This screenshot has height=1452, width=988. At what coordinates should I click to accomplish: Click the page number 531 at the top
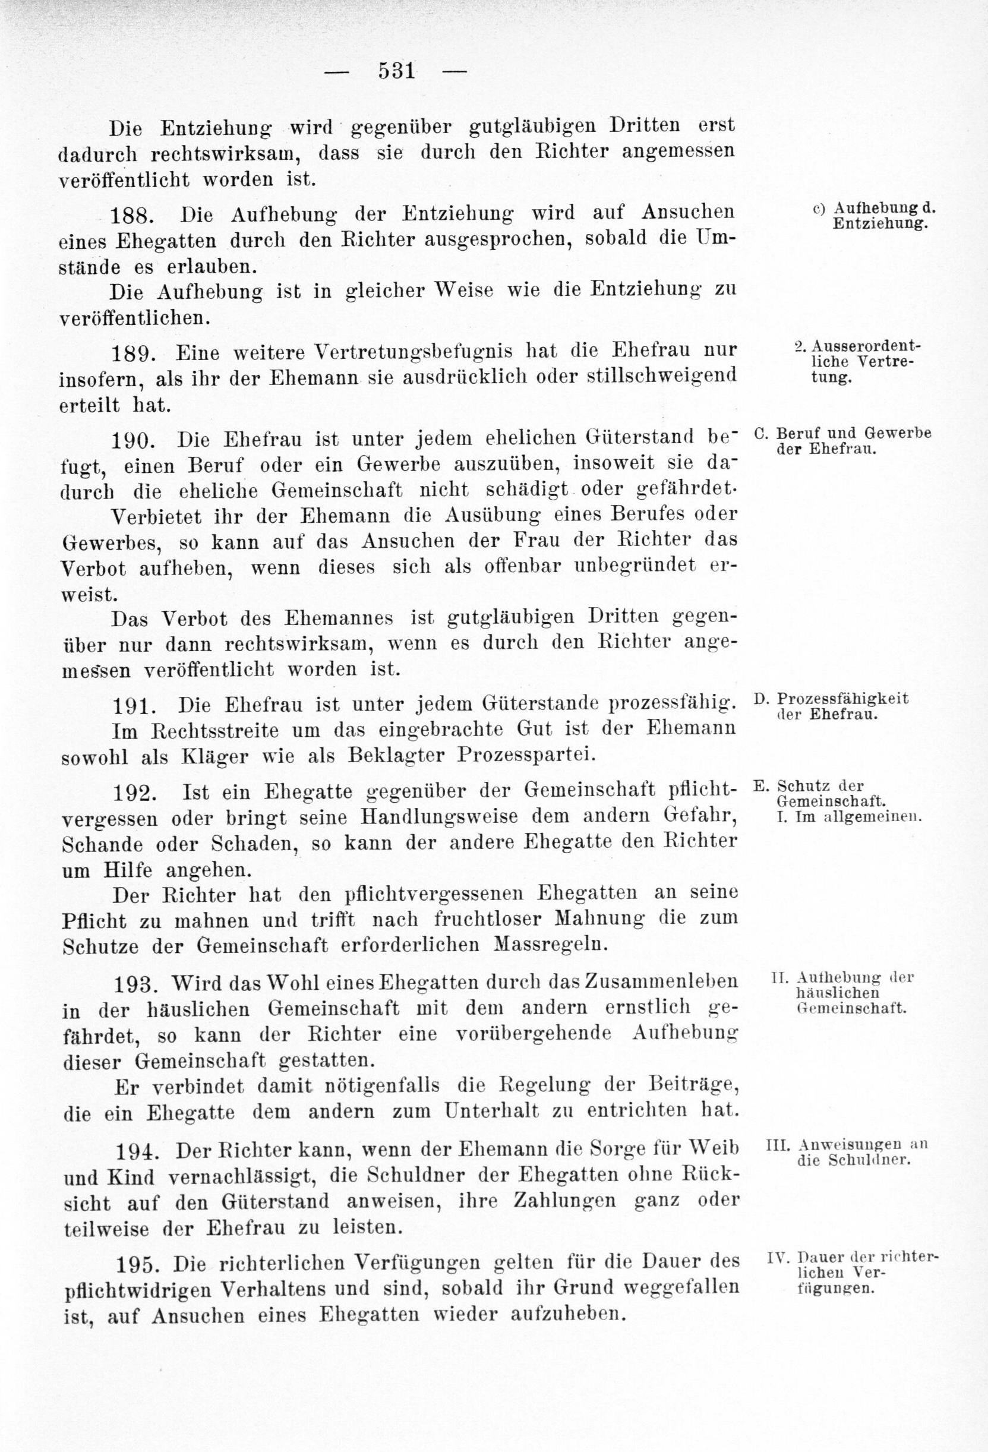click(x=396, y=71)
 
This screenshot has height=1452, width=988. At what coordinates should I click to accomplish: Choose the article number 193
click(x=134, y=984)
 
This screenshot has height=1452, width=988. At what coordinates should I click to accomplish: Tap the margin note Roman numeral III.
click(x=776, y=1145)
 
